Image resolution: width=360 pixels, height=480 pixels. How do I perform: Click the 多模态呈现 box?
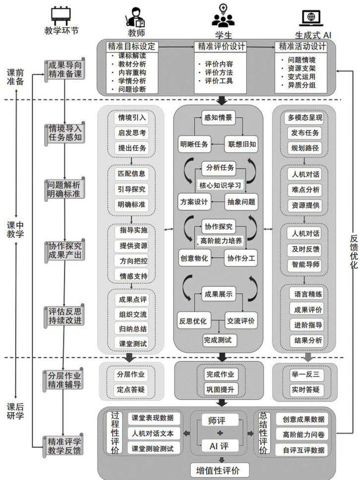pos(305,118)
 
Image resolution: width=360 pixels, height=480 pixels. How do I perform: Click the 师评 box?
pos(218,421)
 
